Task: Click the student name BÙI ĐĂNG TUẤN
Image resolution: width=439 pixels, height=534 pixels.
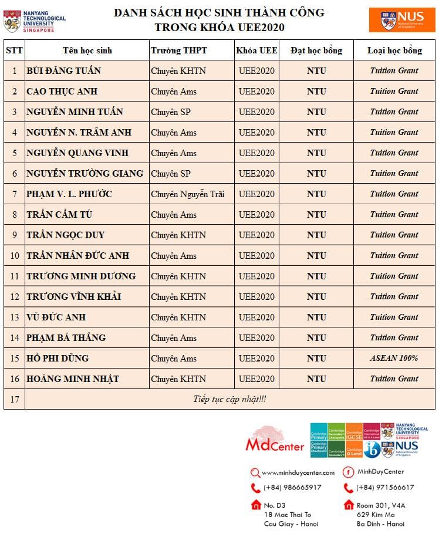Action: pyautogui.click(x=63, y=71)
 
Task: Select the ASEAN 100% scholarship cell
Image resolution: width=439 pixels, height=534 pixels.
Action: pyautogui.click(x=394, y=358)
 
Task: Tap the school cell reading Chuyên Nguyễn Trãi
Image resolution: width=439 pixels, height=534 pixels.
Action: pyautogui.click(x=188, y=194)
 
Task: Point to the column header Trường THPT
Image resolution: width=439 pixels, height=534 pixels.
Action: pyautogui.click(x=179, y=50)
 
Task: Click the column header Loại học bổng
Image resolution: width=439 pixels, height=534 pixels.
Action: pyautogui.click(x=394, y=50)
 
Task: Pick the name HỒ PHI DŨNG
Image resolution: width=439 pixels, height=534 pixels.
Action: pyautogui.click(x=58, y=358)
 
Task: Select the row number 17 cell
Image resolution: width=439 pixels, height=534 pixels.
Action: pyautogui.click(x=14, y=400)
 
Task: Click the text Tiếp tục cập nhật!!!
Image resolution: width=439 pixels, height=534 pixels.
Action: pyautogui.click(x=229, y=400)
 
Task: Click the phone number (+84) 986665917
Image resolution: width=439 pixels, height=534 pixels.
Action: pyautogui.click(x=292, y=488)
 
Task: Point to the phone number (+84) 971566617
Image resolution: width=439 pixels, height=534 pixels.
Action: pyautogui.click(x=385, y=488)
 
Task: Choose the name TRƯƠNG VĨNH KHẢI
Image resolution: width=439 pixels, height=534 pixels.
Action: pyautogui.click(x=73, y=296)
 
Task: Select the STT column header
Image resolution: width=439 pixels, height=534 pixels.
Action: pyautogui.click(x=14, y=50)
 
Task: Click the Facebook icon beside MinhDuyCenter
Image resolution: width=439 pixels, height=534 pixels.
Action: pyautogui.click(x=348, y=472)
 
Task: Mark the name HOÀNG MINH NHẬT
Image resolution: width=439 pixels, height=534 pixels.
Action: pyautogui.click(x=72, y=379)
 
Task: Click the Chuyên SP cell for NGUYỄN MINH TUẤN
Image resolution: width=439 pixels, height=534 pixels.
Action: pyautogui.click(x=171, y=112)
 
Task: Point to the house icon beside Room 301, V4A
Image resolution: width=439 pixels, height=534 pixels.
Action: pyautogui.click(x=349, y=505)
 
